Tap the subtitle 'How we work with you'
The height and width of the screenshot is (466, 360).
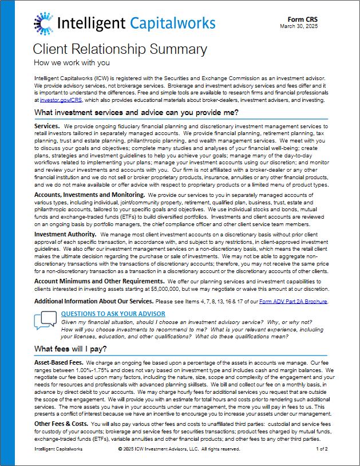tap(72, 62)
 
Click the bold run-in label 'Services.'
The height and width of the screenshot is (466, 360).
tap(47, 126)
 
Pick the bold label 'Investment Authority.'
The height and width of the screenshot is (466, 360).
tap(65, 235)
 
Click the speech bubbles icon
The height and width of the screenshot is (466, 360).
tap(45, 321)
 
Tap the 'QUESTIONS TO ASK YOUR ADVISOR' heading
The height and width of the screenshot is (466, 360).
tap(113, 314)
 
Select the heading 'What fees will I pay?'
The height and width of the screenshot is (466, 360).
tap(70, 349)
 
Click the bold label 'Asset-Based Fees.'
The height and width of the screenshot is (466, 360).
tap(60, 363)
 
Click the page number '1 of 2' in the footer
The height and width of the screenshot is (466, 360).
tap(321, 449)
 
